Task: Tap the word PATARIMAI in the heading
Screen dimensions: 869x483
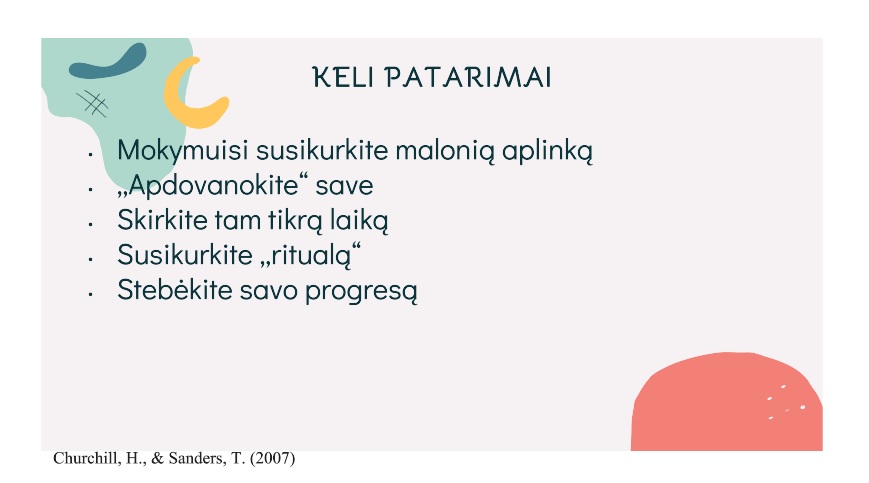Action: click(x=468, y=77)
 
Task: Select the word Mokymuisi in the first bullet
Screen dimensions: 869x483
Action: click(x=182, y=151)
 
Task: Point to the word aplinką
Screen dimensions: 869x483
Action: click(x=548, y=151)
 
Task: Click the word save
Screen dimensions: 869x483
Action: click(x=344, y=186)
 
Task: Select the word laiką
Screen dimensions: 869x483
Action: click(x=359, y=220)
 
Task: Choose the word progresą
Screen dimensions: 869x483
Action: click(x=361, y=291)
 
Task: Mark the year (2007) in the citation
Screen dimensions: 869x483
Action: click(x=273, y=459)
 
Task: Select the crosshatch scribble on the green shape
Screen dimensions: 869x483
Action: click(x=92, y=104)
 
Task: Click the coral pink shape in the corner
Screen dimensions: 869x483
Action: click(x=727, y=402)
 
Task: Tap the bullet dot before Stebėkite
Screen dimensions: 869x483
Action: click(x=90, y=294)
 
